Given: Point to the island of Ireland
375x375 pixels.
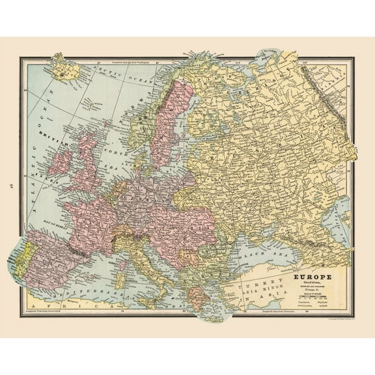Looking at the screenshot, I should [60, 163].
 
